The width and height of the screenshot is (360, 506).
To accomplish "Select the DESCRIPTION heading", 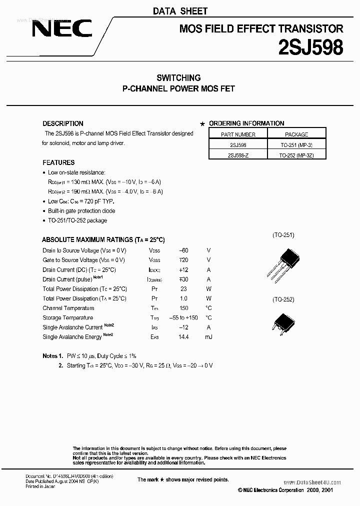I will (63, 123).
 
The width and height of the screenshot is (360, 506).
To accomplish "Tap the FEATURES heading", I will (58, 162).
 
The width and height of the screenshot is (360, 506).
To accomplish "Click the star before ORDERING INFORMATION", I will (202, 124).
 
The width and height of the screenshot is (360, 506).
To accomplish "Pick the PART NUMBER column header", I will (238, 134).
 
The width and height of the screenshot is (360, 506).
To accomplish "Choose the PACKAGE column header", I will (296, 134).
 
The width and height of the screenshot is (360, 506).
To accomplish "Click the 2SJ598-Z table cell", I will (238, 154).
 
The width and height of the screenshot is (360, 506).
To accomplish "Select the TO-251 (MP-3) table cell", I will (296, 144).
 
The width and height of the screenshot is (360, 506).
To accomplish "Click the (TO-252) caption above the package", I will (283, 299).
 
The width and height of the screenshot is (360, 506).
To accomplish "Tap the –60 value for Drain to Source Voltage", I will (183, 250).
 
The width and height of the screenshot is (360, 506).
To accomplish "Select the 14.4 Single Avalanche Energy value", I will (183, 337).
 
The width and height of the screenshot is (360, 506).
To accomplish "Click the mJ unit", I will (208, 337).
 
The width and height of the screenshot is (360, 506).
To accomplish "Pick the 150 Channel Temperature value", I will (183, 308).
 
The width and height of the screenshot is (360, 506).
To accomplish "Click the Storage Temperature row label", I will (68, 318).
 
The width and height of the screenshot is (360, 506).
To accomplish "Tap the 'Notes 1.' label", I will (52, 356).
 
